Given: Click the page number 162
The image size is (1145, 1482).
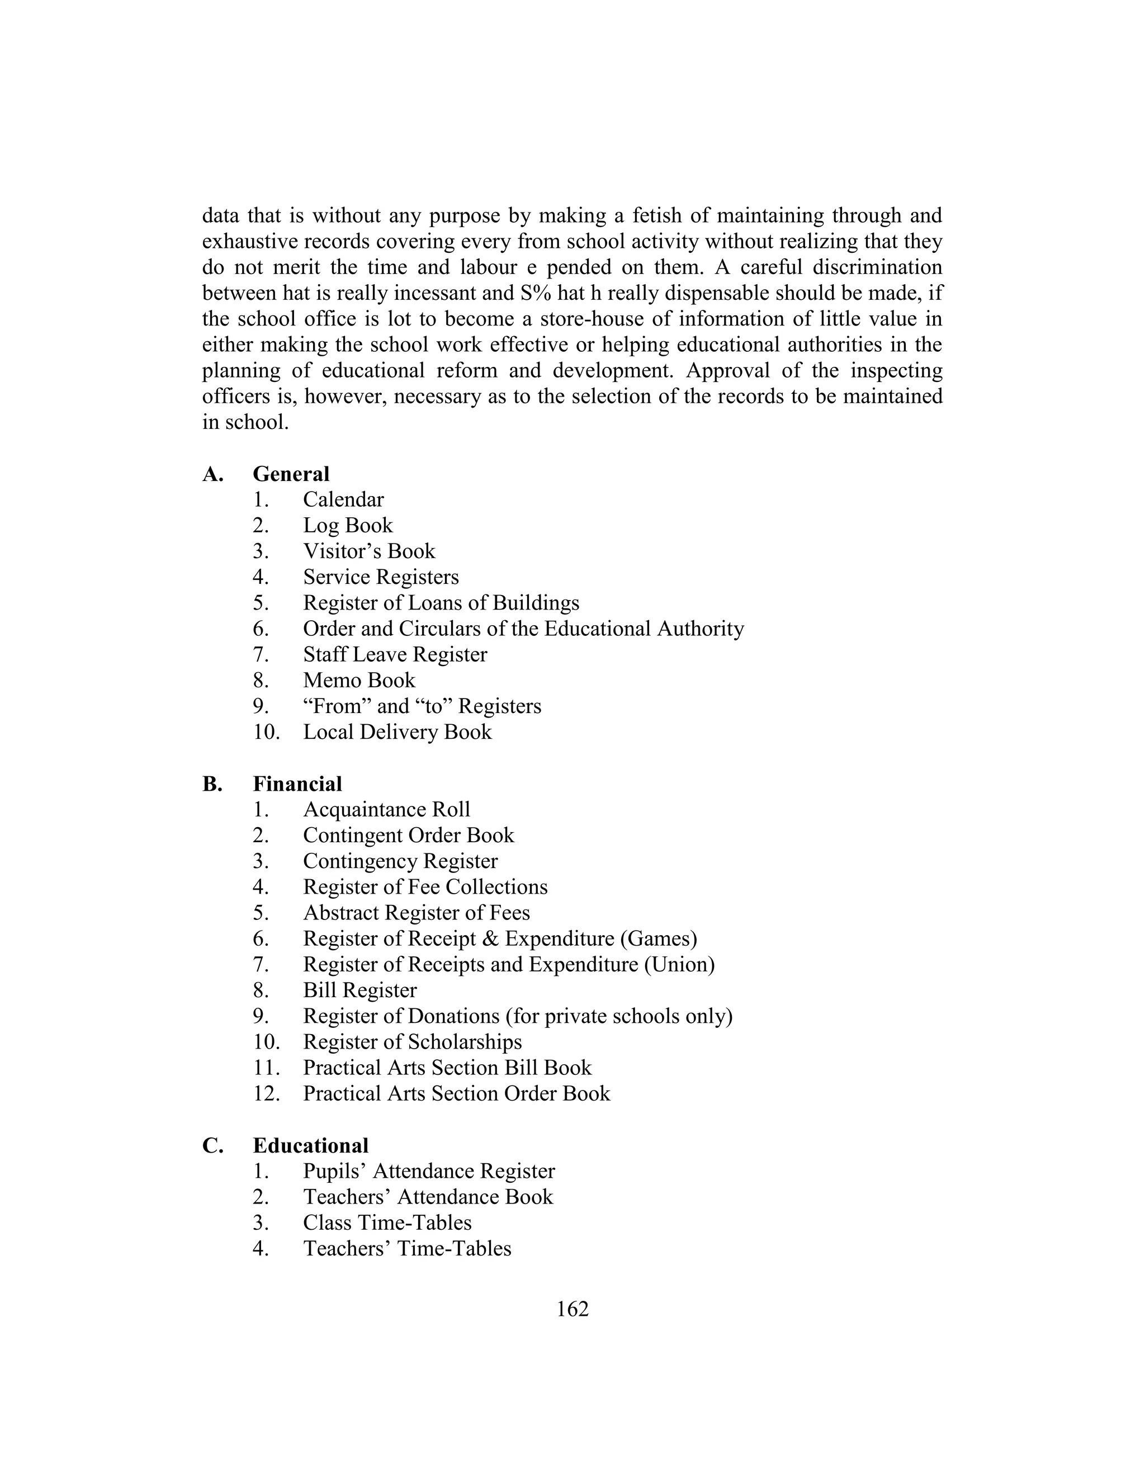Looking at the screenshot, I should (572, 1309).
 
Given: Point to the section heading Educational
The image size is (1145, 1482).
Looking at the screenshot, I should (311, 1145).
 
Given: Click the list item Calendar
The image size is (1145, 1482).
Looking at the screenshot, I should (343, 499).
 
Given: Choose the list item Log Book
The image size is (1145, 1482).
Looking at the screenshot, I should (348, 525).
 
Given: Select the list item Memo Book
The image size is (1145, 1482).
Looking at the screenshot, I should (359, 680).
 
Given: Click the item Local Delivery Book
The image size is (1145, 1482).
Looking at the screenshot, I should (397, 731).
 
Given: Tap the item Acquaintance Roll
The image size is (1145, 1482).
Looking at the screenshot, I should (387, 810).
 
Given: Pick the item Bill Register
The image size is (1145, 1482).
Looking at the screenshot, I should (359, 990).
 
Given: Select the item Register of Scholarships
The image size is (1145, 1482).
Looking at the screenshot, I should (413, 1042).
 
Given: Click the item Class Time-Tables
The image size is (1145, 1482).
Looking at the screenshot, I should (387, 1223).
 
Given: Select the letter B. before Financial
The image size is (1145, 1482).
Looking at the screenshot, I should (212, 784).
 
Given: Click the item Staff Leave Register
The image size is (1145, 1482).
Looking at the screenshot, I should (395, 654).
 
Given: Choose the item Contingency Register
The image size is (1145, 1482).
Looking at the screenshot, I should (400, 861).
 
